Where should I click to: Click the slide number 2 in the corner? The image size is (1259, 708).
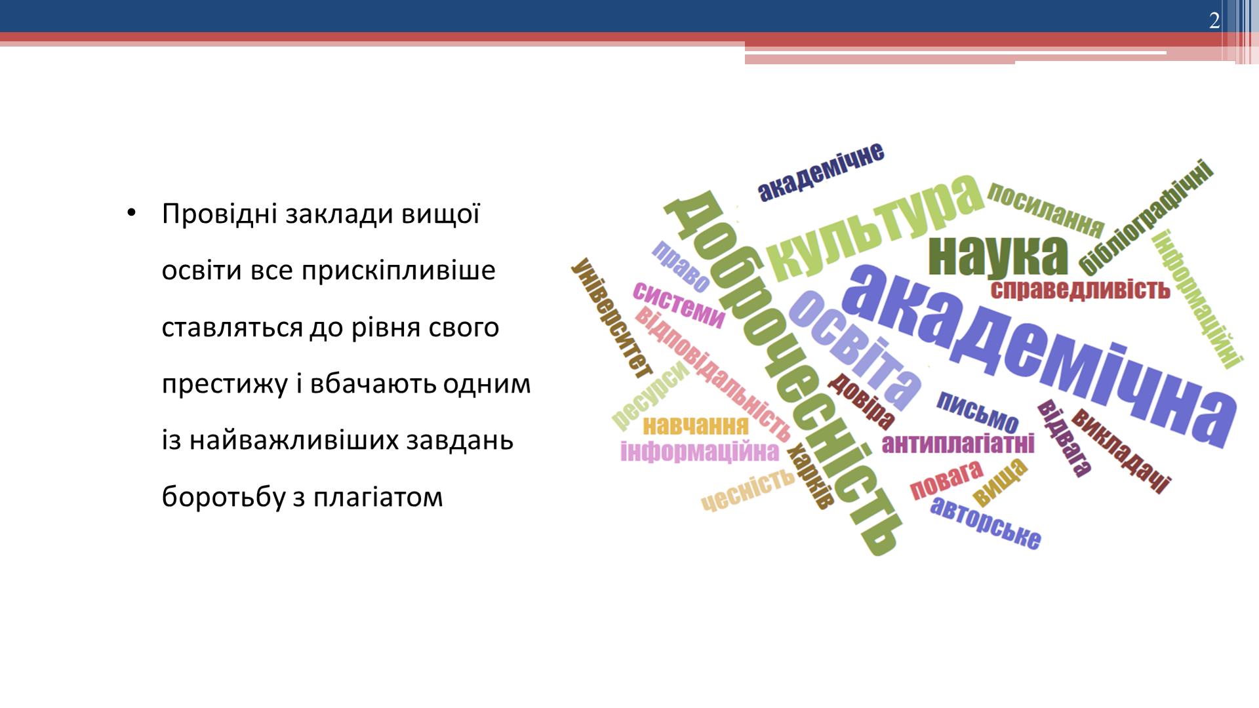[1214, 21]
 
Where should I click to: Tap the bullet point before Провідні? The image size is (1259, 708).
[131, 214]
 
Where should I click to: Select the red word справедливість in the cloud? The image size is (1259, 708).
[1080, 289]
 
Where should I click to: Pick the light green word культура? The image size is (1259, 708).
[875, 226]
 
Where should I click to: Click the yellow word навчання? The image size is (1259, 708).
[695, 426]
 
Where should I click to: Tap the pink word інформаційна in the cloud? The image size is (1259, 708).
[700, 452]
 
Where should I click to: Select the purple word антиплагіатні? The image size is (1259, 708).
[958, 444]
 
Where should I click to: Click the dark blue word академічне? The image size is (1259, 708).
[821, 172]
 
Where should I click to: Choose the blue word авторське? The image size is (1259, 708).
[986, 522]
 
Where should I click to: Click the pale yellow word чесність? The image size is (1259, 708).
[748, 490]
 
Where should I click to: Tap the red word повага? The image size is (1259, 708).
[946, 480]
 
